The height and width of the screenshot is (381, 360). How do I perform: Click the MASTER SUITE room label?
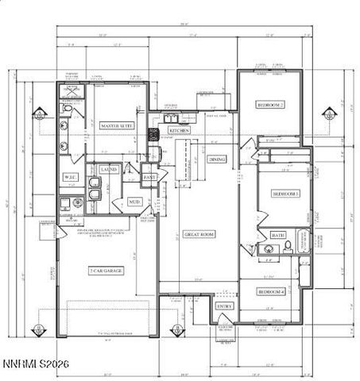(x=116, y=125)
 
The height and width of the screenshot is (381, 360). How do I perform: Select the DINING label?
(x=217, y=159)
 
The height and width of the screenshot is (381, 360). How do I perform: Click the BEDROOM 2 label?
(x=271, y=105)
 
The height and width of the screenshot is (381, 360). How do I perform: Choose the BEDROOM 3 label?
(x=285, y=193)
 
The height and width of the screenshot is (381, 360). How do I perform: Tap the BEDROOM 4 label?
(x=271, y=291)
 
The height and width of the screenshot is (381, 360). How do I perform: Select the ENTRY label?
(x=224, y=305)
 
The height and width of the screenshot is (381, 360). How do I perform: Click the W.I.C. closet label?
(x=69, y=176)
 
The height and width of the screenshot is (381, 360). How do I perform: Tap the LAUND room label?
(x=109, y=169)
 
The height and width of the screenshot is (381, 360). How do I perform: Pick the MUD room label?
(x=134, y=202)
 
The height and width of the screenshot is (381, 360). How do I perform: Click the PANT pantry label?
(x=149, y=176)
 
